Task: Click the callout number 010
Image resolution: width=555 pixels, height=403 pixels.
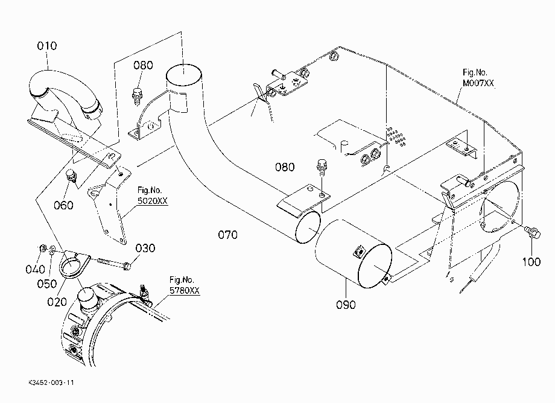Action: point(46,46)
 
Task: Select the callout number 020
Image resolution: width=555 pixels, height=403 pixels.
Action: point(57,302)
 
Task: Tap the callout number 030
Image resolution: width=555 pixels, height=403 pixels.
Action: point(145,248)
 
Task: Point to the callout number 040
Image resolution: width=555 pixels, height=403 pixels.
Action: point(36,269)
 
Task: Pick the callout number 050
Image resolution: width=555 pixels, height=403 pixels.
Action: point(46,284)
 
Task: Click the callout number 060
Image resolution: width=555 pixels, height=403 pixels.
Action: point(63,205)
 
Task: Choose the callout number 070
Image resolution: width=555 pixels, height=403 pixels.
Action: point(227,235)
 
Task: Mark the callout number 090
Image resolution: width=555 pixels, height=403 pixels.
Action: point(346,305)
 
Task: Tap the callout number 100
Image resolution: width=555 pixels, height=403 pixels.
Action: point(531,262)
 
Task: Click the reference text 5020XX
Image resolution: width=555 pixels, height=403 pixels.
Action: point(153,201)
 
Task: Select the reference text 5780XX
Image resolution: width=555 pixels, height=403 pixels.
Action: point(185,290)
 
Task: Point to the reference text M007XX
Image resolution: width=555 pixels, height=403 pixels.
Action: point(478,83)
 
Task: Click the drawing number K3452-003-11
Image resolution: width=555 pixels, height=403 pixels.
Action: point(51,382)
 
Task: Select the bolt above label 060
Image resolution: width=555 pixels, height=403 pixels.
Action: point(72,176)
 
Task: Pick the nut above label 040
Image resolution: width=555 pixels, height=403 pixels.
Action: point(42,247)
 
